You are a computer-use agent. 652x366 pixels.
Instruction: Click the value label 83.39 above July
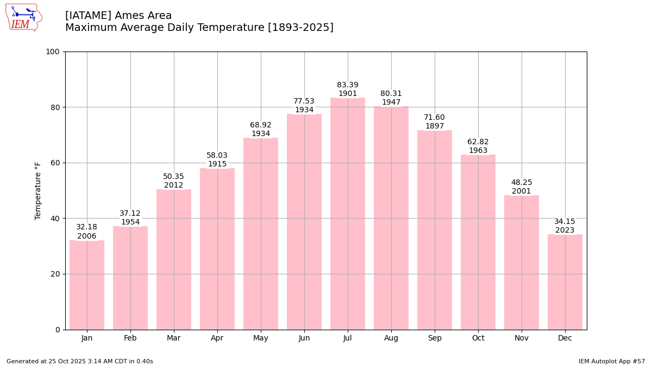click(x=348, y=85)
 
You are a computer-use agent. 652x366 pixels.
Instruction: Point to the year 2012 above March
click(x=174, y=185)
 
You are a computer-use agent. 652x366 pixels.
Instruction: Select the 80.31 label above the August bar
click(x=391, y=94)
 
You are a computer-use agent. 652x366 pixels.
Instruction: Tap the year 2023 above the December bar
click(x=565, y=230)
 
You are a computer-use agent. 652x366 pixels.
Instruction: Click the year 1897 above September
click(x=435, y=126)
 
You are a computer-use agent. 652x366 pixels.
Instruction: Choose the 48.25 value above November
click(x=522, y=183)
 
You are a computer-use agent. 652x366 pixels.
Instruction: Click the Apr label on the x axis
click(x=217, y=338)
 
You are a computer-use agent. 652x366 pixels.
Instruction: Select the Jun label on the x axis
click(x=304, y=338)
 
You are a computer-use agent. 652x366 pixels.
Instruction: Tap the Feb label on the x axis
click(x=130, y=338)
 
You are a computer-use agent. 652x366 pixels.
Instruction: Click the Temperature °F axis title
click(x=38, y=190)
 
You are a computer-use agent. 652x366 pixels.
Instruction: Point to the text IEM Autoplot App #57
click(x=612, y=361)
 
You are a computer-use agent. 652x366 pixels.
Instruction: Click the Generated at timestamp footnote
click(x=80, y=361)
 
